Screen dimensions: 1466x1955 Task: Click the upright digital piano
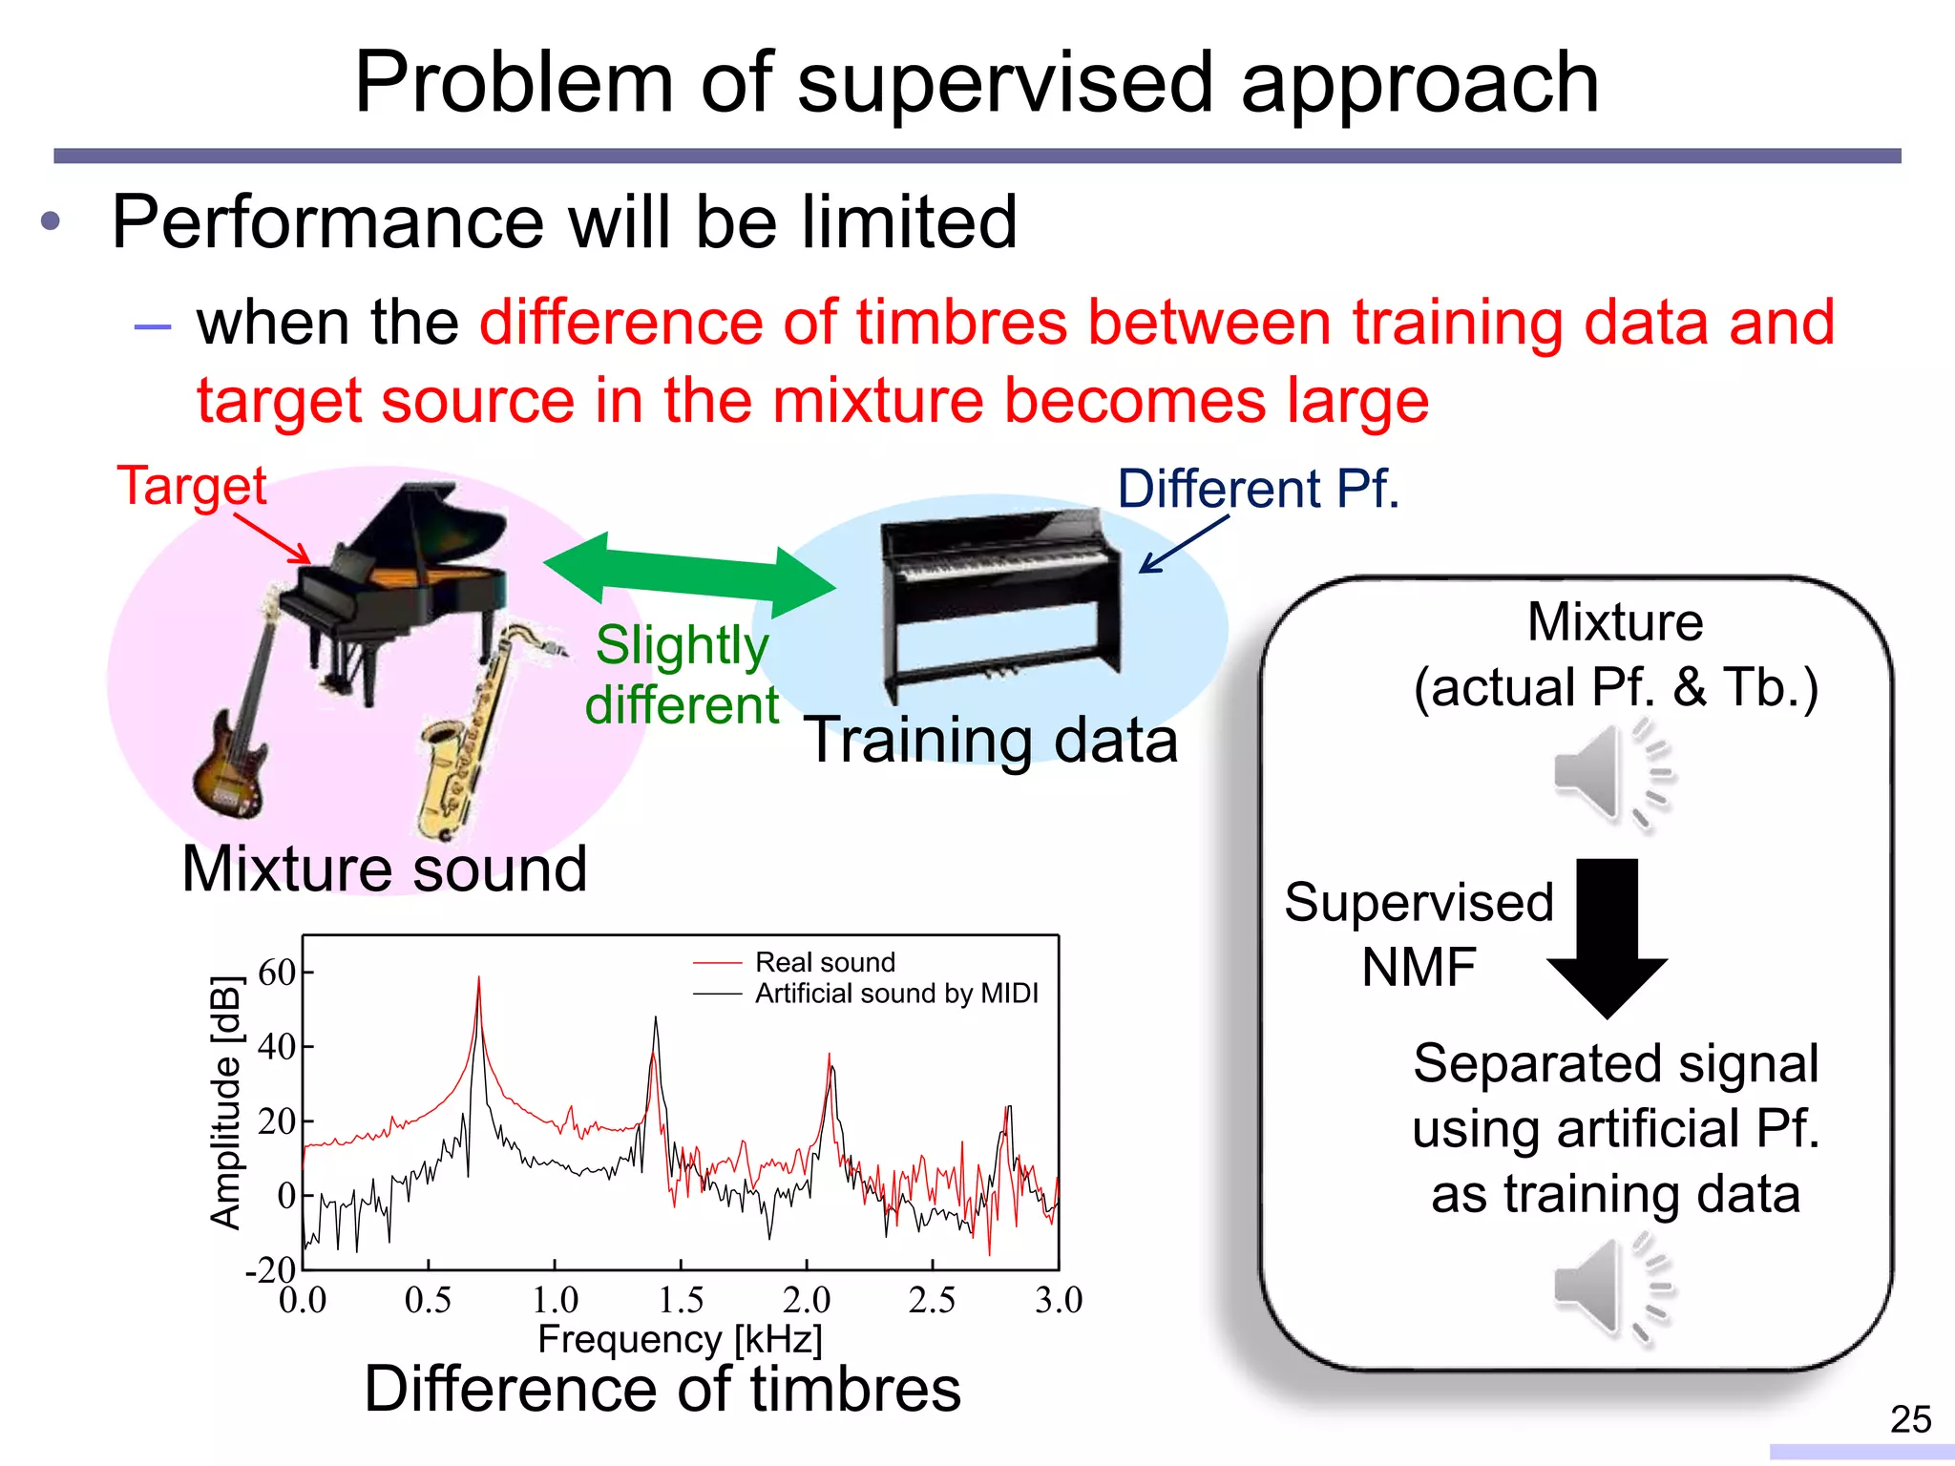click(x=1002, y=601)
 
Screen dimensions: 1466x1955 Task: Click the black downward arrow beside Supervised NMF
click(x=1607, y=935)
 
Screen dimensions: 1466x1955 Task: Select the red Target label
click(x=191, y=485)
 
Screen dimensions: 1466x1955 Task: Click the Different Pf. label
click(x=1258, y=489)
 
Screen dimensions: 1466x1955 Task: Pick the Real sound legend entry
click(x=825, y=962)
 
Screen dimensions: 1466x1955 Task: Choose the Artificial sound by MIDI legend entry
click(x=895, y=994)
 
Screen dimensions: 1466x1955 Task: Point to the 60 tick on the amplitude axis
click(x=278, y=973)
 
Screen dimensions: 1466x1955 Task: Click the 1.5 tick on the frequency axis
click(x=681, y=1300)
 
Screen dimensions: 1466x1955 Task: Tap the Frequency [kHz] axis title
click(x=680, y=1339)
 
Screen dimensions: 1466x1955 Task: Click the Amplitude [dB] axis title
click(x=225, y=1102)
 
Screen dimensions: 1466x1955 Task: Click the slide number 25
click(x=1910, y=1419)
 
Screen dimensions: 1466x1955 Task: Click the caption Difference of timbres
click(x=662, y=1389)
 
